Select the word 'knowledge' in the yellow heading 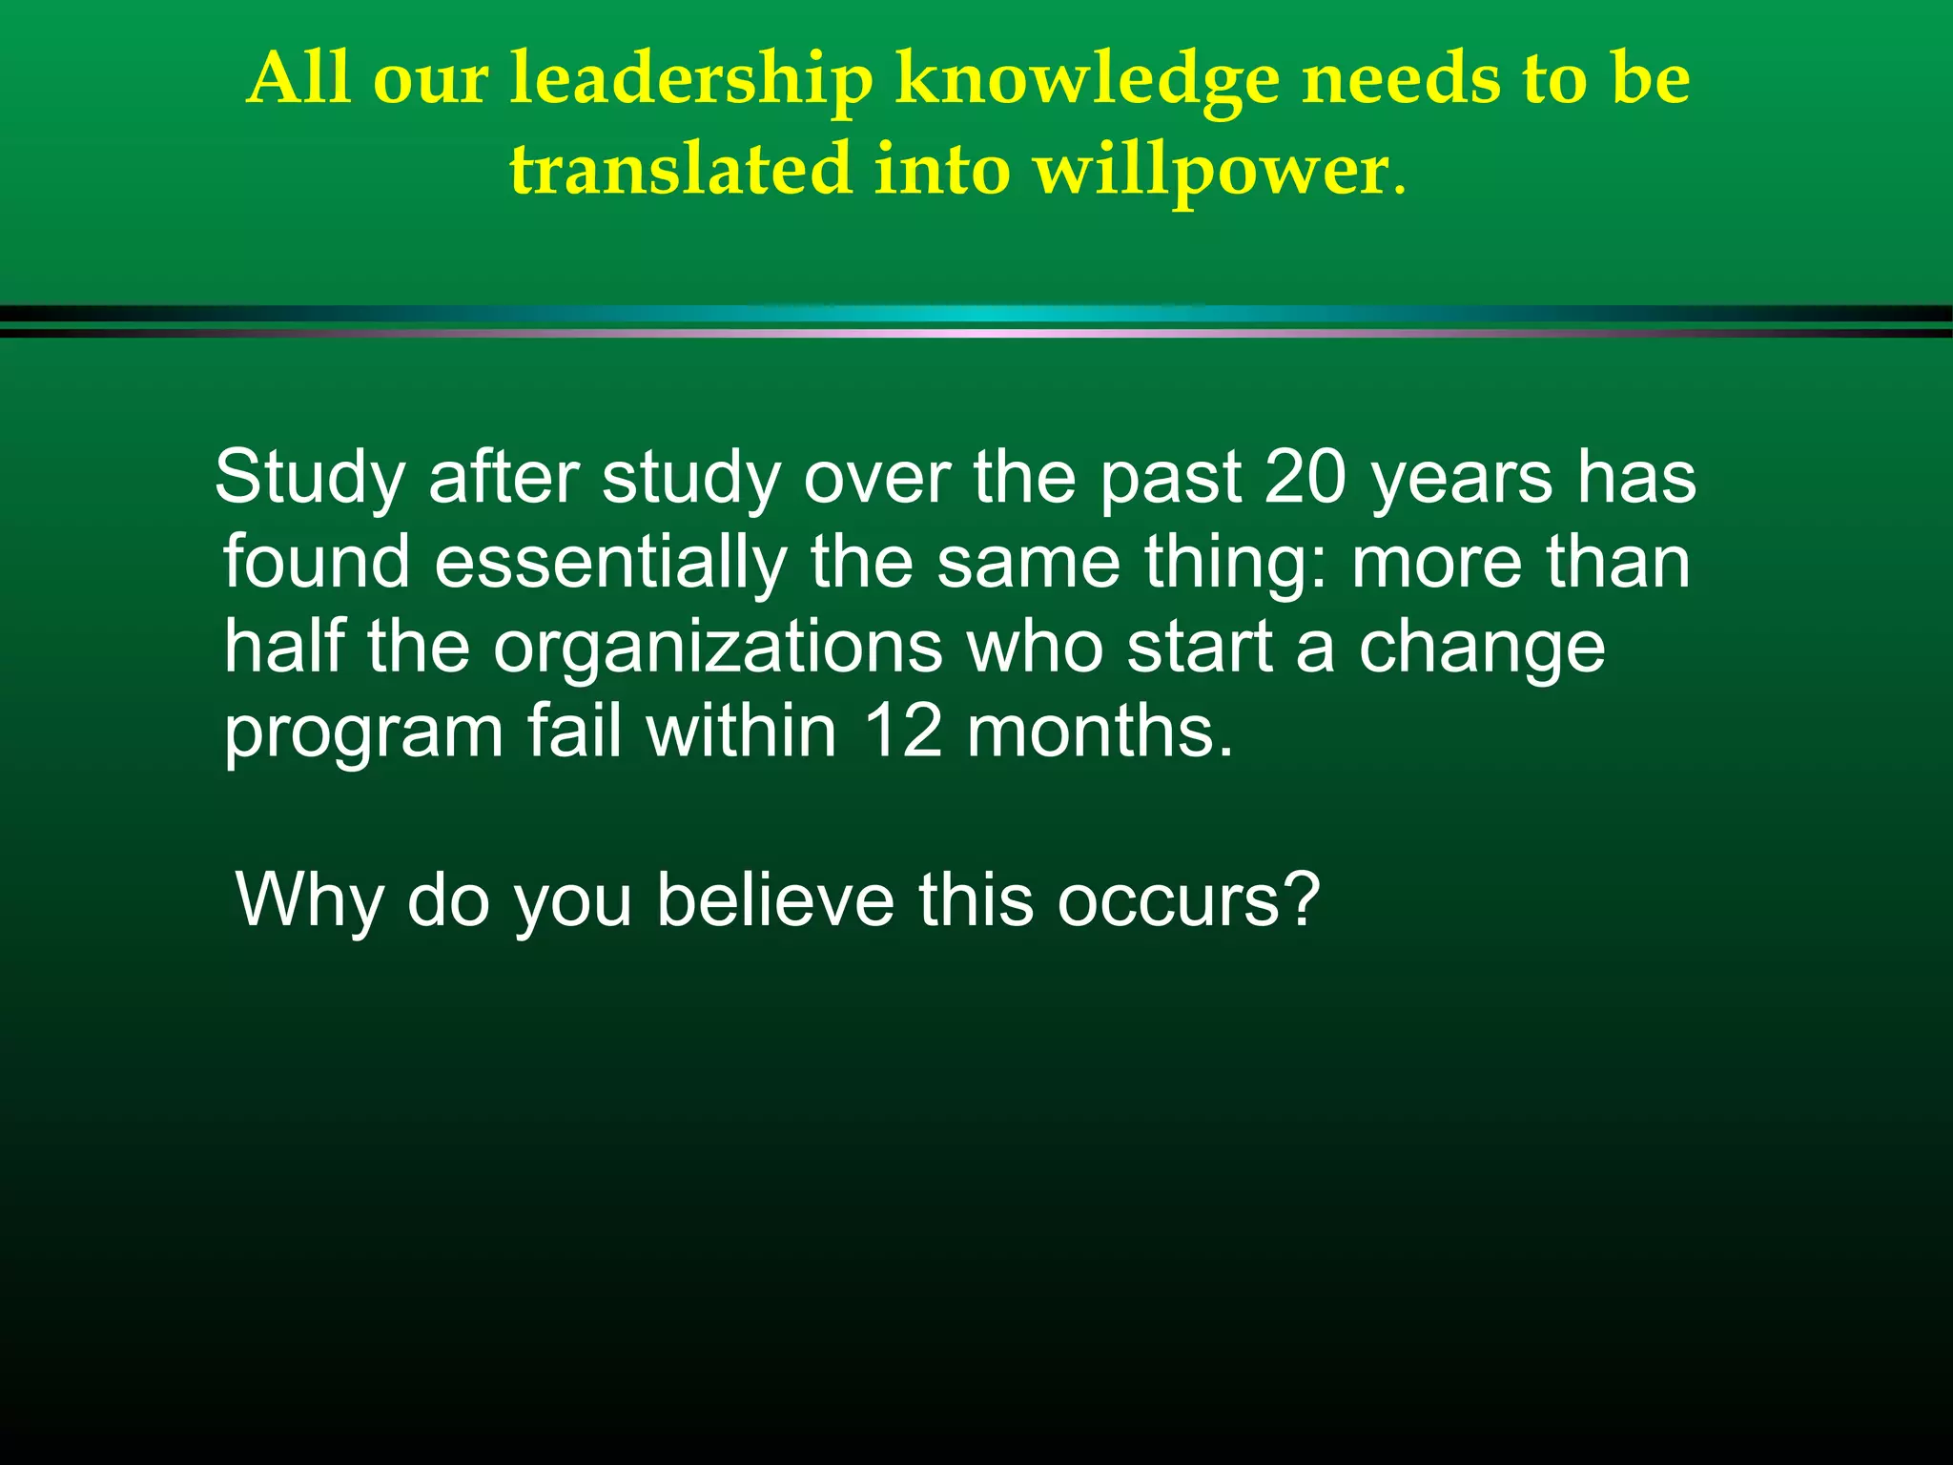(1087, 80)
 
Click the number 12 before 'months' (902, 732)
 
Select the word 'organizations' (717, 647)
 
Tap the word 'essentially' (611, 562)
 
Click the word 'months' (1099, 732)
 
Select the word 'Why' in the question (309, 899)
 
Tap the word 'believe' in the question (775, 899)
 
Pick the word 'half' (284, 647)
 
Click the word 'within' (741, 732)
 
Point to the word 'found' (317, 562)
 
